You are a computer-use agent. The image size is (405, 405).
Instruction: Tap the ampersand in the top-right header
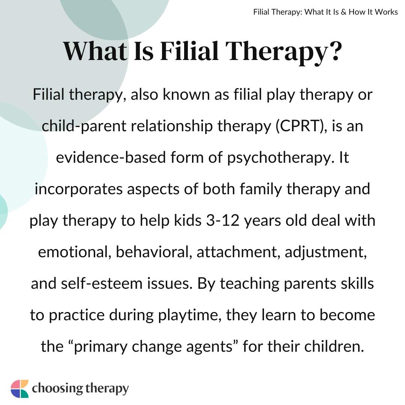pos(343,12)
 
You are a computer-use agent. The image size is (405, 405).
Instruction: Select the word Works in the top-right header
pos(386,12)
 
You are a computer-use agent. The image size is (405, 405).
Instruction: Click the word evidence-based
pos(111,157)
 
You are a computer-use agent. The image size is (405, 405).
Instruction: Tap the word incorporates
pos(78,189)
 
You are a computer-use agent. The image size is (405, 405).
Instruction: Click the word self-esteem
pos(102,283)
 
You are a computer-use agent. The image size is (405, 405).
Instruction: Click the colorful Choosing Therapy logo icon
pos(19,389)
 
